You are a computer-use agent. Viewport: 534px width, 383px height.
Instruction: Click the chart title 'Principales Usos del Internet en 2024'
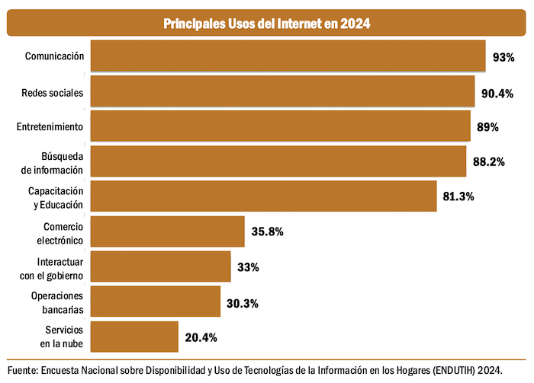point(267,24)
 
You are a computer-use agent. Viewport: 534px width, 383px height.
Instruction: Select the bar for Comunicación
point(288,56)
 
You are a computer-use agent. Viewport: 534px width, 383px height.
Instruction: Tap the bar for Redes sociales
point(282,91)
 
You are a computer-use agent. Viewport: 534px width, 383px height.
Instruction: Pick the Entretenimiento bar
point(280,126)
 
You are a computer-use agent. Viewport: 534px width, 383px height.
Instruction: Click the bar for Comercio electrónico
point(167,231)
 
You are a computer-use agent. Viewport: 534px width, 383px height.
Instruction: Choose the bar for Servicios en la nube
point(134,337)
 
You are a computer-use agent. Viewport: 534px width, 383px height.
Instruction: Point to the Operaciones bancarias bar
point(156,302)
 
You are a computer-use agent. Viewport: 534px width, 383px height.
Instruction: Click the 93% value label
point(503,57)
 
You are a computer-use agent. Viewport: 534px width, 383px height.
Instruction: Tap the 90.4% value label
point(497,92)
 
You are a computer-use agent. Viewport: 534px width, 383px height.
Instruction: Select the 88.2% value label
point(488,162)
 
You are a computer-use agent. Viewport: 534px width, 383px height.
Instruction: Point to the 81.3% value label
point(458,196)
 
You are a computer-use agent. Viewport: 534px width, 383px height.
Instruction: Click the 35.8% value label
point(267,231)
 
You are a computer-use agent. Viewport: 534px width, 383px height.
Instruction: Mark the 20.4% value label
point(201,337)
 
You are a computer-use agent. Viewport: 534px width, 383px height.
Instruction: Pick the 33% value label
point(248,267)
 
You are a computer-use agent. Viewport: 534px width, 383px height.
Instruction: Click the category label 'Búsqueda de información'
point(52,162)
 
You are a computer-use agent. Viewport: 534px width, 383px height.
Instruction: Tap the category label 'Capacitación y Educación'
point(56,196)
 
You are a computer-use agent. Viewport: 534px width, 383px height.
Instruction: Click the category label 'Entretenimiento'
point(50,126)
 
